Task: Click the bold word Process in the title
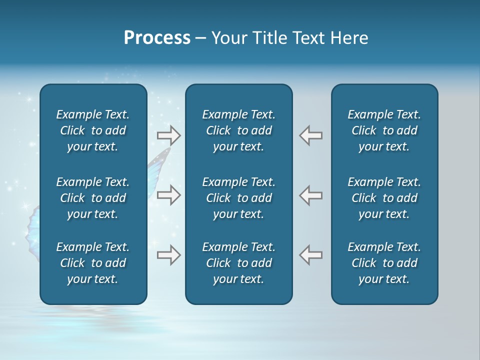point(157,38)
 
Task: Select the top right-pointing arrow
point(168,135)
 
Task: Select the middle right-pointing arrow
point(168,195)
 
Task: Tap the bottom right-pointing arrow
point(168,255)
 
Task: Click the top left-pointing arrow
point(310,135)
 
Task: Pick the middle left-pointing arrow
point(310,195)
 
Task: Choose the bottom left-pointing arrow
point(310,255)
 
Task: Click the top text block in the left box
point(93,130)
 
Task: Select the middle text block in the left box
point(93,198)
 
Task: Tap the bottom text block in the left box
point(93,263)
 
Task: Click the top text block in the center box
point(238,130)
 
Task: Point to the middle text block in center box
point(238,198)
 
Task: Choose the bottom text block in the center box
point(238,263)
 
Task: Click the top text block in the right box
point(384,130)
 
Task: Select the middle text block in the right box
point(384,198)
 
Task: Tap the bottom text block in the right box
point(384,263)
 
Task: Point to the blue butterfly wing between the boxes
point(157,165)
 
